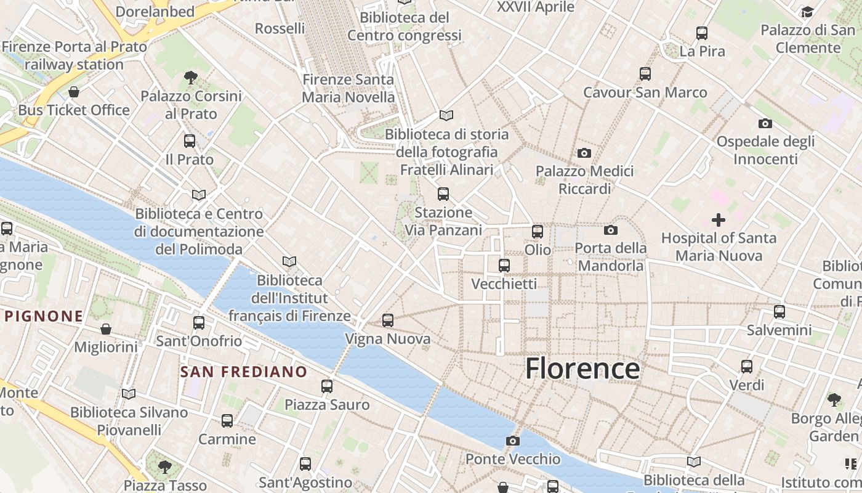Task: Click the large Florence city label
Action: coord(582,369)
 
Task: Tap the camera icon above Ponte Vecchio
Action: coord(512,441)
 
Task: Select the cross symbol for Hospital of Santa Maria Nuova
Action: coord(718,219)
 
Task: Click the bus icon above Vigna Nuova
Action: coord(387,320)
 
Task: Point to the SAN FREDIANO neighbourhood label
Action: coord(243,372)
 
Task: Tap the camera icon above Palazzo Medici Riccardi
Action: coord(584,153)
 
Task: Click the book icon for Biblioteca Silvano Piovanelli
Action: coord(128,394)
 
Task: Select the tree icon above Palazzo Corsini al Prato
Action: coord(191,78)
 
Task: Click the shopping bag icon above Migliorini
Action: coord(106,328)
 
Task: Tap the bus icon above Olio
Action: coord(538,232)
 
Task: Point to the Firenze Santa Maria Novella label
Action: coord(348,88)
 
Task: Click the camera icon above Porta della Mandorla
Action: coord(610,230)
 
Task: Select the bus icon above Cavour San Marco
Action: coord(645,74)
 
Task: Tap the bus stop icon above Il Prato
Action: coord(189,141)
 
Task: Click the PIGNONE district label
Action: coord(44,317)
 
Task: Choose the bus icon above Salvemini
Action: coord(779,312)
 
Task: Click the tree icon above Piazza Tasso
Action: coord(164,467)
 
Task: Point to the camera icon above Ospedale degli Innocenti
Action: coord(765,123)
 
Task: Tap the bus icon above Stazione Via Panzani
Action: coord(443,195)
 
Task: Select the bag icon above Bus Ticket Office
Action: coord(74,92)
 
